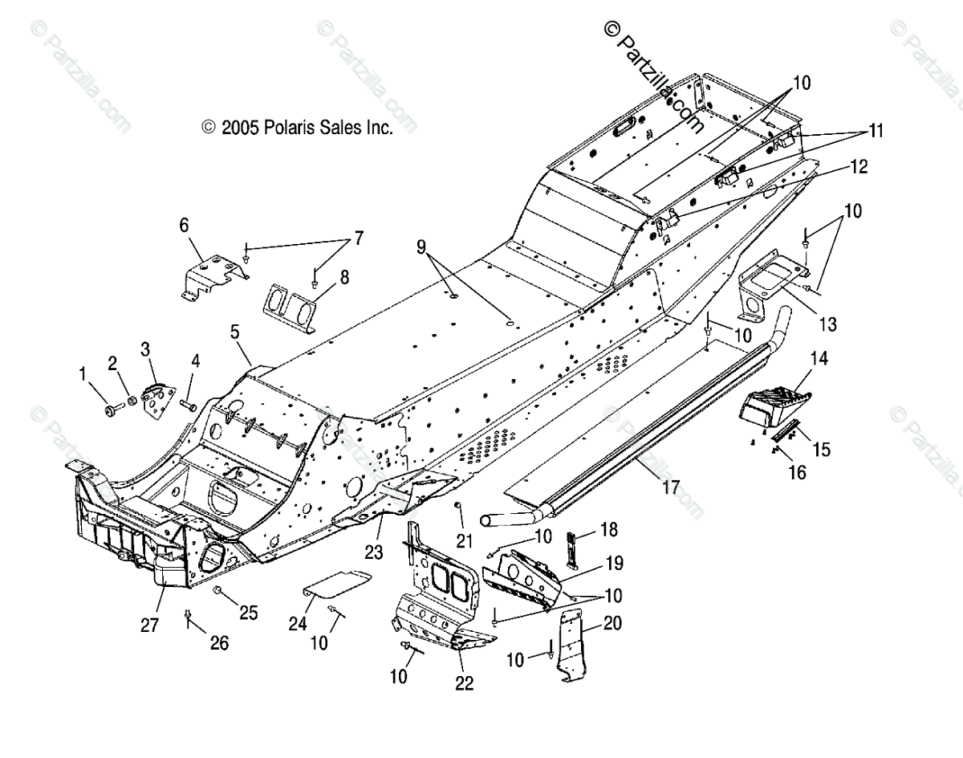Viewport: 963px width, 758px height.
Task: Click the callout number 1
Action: (x=82, y=374)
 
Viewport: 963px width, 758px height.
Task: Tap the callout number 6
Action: (x=184, y=225)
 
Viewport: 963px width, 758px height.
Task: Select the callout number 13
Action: (x=827, y=324)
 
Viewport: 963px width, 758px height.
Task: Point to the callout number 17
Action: (x=671, y=487)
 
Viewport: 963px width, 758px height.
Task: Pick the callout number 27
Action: (x=149, y=625)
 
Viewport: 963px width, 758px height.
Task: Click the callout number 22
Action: (x=464, y=683)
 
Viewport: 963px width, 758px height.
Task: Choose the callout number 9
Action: (x=421, y=247)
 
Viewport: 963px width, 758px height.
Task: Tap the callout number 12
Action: (x=859, y=166)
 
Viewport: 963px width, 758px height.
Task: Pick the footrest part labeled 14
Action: (x=774, y=406)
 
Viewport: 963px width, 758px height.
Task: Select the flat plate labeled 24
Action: (x=336, y=585)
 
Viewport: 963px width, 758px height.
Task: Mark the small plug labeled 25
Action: (x=217, y=590)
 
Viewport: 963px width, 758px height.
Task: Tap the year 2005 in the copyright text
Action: (x=240, y=128)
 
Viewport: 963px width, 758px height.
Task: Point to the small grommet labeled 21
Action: (x=457, y=506)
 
